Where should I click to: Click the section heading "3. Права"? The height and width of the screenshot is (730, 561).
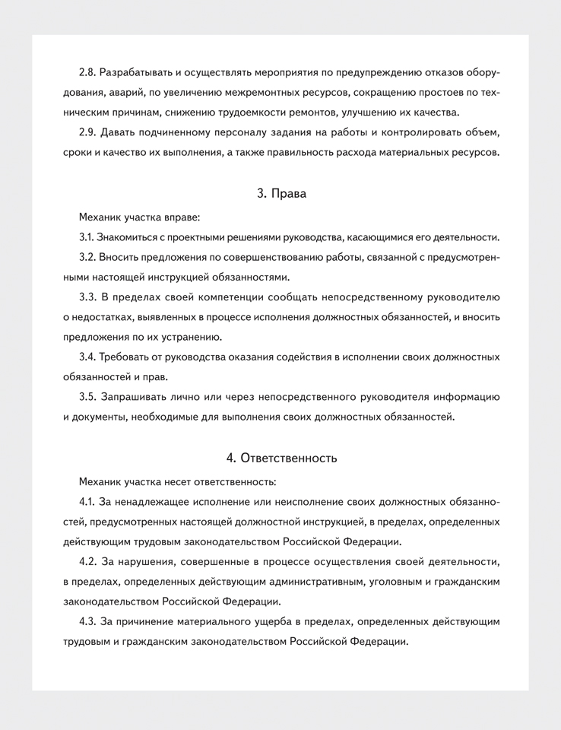click(x=281, y=193)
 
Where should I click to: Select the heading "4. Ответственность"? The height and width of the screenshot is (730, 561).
click(x=281, y=458)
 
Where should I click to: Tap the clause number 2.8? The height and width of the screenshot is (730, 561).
click(x=88, y=72)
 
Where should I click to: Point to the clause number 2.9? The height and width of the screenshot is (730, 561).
click(x=88, y=132)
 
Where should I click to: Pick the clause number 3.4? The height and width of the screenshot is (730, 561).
click(x=88, y=357)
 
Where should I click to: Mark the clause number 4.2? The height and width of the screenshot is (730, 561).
click(x=88, y=562)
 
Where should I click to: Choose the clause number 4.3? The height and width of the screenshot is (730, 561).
click(x=88, y=621)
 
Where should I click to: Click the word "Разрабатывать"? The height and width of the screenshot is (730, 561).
click(x=135, y=72)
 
